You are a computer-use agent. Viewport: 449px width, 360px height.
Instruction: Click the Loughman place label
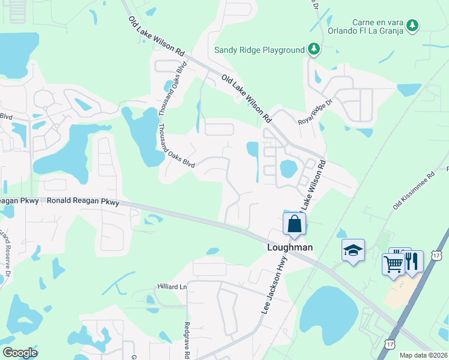(290, 247)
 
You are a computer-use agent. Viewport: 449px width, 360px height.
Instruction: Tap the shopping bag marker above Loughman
(295, 224)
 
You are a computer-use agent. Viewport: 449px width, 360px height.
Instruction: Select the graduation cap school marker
(353, 250)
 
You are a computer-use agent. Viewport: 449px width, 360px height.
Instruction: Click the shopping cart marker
(393, 263)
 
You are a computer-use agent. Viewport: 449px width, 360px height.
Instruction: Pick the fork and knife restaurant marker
(412, 262)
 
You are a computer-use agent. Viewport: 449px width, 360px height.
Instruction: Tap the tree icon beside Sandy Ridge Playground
(313, 49)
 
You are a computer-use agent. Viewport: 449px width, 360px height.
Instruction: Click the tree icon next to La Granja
(412, 25)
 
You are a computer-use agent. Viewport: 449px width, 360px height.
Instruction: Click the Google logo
(20, 353)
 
